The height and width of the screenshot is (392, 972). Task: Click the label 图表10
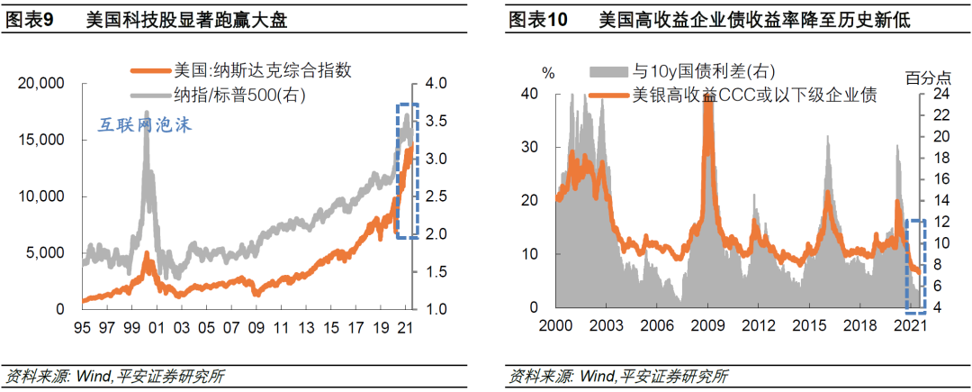tap(538, 19)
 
